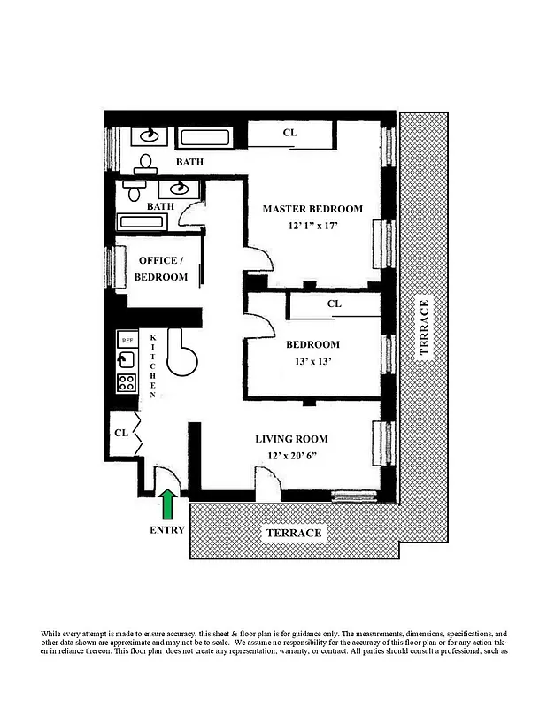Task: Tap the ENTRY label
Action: (x=167, y=530)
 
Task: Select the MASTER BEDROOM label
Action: (x=312, y=209)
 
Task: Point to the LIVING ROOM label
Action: (x=291, y=438)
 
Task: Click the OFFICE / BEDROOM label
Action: (x=160, y=268)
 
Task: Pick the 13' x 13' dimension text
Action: (x=312, y=361)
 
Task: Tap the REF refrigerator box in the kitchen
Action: (x=127, y=340)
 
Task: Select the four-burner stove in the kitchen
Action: (x=127, y=383)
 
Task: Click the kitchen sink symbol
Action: (x=127, y=360)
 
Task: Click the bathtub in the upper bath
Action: (x=204, y=138)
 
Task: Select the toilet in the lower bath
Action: (x=134, y=191)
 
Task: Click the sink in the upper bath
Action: (x=148, y=136)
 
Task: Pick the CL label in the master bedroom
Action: (x=289, y=133)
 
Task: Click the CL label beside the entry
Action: (x=121, y=433)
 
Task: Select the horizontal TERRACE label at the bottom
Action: (x=292, y=534)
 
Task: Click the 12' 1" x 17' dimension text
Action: (x=313, y=227)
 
